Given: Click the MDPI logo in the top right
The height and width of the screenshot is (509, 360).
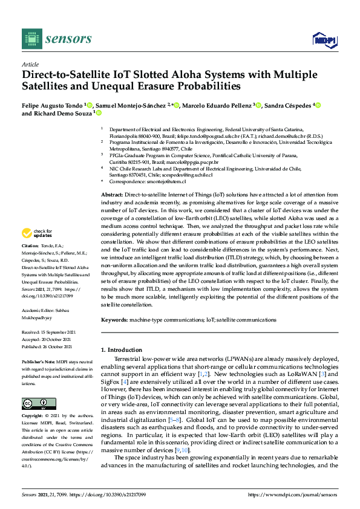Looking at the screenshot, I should [x=324, y=40].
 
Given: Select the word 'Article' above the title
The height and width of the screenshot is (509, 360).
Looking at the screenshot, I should [x=30, y=64].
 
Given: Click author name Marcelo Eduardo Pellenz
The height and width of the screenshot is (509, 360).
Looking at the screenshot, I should [x=217, y=105].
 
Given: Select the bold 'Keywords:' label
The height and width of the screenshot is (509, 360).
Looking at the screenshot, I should [x=115, y=319].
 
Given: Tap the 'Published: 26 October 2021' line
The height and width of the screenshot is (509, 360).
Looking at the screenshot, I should [x=47, y=346].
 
